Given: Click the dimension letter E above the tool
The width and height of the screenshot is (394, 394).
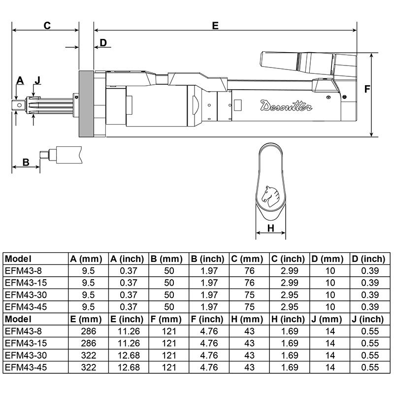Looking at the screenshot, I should (215, 26).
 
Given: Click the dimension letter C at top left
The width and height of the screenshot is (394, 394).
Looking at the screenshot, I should (47, 26).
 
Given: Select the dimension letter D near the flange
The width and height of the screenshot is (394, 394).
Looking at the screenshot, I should (103, 42).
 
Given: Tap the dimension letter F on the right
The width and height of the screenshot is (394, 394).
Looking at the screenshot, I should (367, 89).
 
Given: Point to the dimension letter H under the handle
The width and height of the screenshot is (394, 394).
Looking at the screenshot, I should (270, 228).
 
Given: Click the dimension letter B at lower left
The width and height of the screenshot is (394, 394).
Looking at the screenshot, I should (26, 162).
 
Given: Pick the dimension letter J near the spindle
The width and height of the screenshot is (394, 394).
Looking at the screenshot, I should (37, 80).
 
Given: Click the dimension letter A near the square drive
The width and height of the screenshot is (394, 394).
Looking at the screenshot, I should (20, 80).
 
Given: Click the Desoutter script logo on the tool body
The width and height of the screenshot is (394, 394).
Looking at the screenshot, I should (284, 105).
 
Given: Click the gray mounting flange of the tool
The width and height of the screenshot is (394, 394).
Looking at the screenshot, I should (86, 104).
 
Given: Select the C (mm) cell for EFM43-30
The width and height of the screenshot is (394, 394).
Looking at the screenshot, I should (249, 294).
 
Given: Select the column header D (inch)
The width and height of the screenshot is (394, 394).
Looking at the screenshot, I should (369, 258).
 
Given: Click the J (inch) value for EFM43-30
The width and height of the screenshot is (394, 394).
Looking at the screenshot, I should (369, 355).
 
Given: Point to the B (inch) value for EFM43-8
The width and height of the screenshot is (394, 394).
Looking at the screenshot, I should (209, 270).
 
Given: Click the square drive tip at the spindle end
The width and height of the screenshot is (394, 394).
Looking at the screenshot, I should (18, 105).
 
